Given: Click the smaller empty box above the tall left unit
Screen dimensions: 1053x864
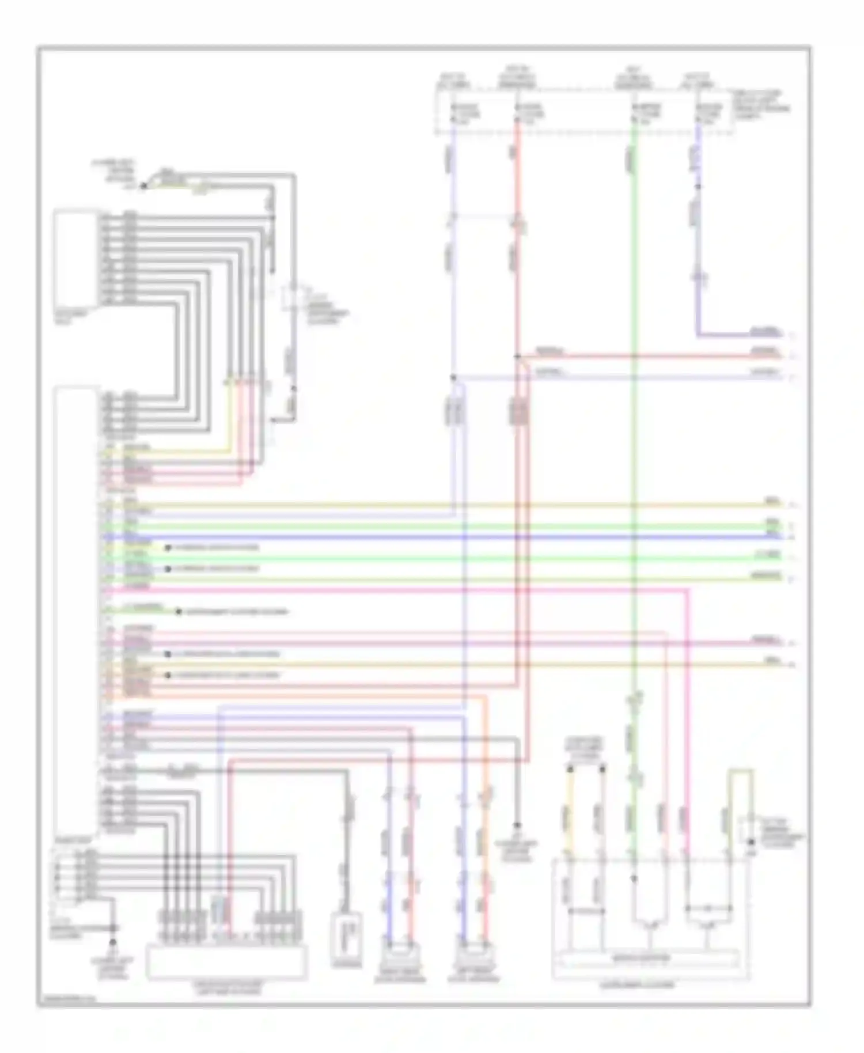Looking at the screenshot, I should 75,259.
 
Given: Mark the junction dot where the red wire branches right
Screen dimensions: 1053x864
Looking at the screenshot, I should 517,357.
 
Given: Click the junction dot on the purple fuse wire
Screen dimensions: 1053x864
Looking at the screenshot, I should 698,187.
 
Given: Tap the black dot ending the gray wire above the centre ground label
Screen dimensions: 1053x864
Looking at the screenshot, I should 517,825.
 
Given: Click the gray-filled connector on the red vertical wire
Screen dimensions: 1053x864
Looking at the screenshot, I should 518,412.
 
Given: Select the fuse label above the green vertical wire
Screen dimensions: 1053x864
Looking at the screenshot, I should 645,112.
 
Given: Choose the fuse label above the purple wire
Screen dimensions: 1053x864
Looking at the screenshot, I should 708,112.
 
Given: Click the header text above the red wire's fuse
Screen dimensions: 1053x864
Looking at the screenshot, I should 517,80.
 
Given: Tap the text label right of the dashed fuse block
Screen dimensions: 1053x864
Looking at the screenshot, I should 760,104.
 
